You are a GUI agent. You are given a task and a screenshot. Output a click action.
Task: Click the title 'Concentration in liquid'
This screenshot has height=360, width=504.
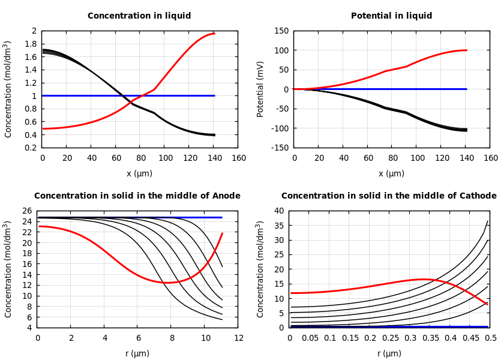[x=139, y=16]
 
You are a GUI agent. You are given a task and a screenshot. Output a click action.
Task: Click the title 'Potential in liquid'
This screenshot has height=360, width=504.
[x=391, y=16]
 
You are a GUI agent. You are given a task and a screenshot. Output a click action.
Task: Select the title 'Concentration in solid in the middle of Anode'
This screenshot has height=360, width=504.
[x=137, y=196]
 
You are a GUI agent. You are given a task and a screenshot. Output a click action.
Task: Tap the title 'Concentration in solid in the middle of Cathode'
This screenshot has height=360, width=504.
[x=389, y=196]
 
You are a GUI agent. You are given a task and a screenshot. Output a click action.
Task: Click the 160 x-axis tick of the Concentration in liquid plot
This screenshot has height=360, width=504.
[x=238, y=158]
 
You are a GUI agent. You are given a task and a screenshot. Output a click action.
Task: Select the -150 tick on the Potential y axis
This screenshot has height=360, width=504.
[x=281, y=148]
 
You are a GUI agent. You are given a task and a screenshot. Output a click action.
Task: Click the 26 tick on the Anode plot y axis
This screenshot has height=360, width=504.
[x=26, y=211]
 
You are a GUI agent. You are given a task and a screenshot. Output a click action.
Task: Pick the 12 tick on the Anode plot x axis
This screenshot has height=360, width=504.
[x=238, y=338]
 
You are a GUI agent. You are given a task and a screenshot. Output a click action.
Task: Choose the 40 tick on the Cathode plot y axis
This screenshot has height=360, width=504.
[x=278, y=211]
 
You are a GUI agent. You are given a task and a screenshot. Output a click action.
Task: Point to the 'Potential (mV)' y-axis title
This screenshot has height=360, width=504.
[x=260, y=89]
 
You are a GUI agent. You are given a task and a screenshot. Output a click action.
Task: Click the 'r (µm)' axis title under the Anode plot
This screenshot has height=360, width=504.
[x=137, y=353]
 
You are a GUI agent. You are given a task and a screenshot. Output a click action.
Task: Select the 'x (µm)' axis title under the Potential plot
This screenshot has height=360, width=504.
[x=391, y=173]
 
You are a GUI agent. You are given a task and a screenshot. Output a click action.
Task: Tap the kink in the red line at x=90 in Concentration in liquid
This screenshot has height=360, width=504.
[x=154, y=89]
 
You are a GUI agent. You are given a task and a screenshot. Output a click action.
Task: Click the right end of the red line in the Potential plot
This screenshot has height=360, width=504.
[x=466, y=50]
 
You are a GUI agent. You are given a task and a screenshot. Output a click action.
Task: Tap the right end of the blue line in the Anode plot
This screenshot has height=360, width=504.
[x=221, y=217]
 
